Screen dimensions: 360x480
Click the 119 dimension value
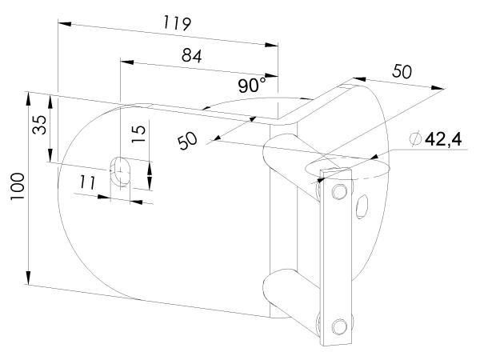click(175, 22)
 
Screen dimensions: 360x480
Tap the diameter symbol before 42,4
click(414, 140)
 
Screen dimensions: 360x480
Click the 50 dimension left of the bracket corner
click(188, 142)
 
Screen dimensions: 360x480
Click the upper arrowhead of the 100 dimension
click(29, 97)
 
